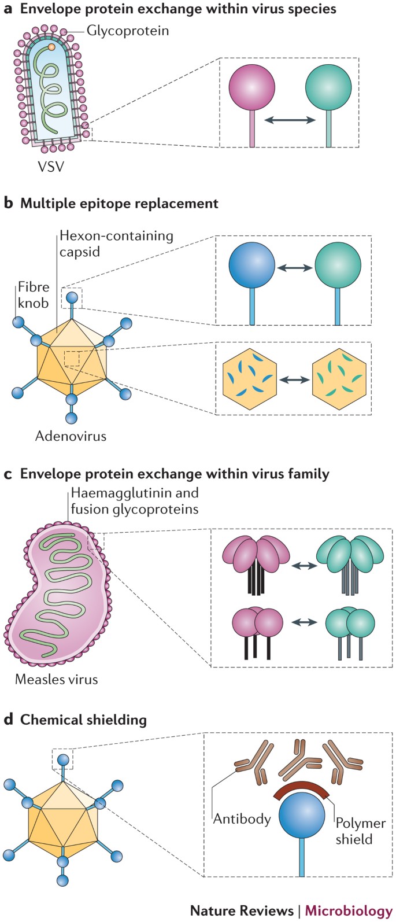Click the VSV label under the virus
click(x=51, y=167)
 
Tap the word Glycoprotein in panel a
click(x=128, y=31)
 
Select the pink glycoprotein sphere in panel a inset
click(x=251, y=87)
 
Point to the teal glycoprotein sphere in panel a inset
click(x=328, y=87)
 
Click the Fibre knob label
click(x=34, y=294)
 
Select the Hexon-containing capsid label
click(x=116, y=244)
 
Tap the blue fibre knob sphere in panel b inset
click(x=251, y=265)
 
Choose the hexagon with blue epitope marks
click(x=250, y=379)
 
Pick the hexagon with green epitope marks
click(x=339, y=379)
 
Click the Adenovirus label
click(x=71, y=436)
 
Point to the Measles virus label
click(x=57, y=678)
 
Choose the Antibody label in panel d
click(x=242, y=818)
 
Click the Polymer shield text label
click(x=361, y=831)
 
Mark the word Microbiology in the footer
click(x=349, y=911)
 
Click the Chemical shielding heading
click(x=84, y=720)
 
